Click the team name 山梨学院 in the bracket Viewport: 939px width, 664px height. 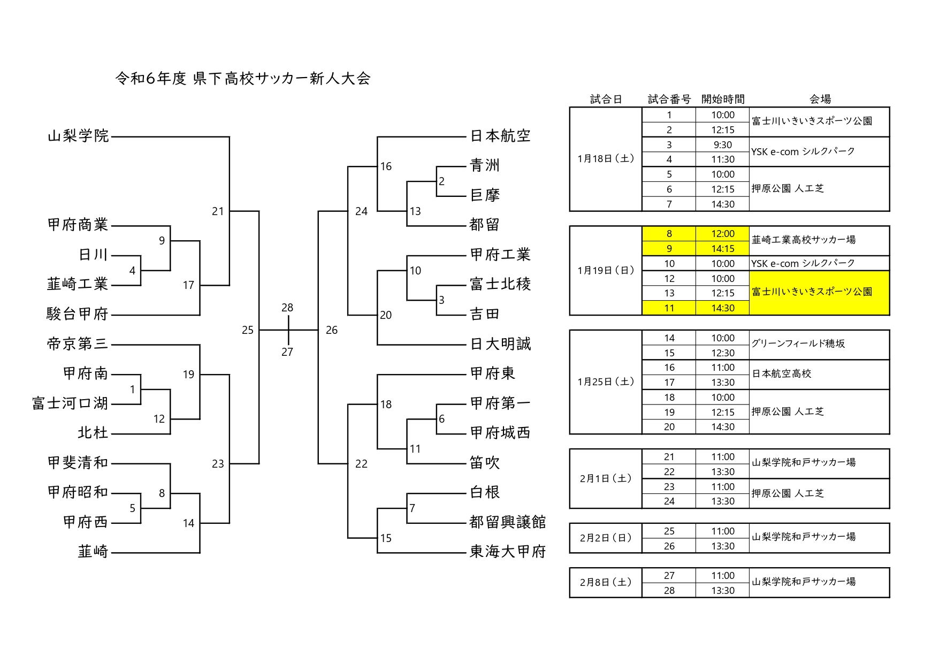(x=79, y=136)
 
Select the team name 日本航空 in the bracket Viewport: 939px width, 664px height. (x=500, y=136)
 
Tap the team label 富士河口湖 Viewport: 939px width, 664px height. (x=70, y=403)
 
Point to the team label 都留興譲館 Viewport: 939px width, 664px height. (x=507, y=522)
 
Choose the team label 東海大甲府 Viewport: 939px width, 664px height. (x=507, y=552)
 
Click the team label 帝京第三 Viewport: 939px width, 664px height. (x=78, y=344)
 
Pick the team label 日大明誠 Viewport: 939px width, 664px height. (x=500, y=344)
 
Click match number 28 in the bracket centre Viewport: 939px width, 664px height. (x=287, y=308)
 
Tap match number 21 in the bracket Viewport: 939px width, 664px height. (x=218, y=211)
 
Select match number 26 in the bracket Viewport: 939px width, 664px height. (x=332, y=330)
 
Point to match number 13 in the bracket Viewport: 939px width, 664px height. (x=415, y=211)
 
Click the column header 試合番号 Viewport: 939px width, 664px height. (x=669, y=99)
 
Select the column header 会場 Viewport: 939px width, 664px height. (x=820, y=99)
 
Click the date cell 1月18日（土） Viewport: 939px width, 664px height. (x=606, y=159)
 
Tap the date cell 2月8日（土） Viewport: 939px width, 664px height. (x=606, y=582)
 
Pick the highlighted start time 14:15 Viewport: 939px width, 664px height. (x=722, y=249)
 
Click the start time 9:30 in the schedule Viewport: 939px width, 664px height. (x=722, y=145)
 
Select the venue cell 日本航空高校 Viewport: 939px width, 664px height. (x=782, y=373)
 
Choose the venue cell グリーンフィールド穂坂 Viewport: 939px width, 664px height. (x=798, y=344)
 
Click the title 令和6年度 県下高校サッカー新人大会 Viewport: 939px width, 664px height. (x=243, y=79)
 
